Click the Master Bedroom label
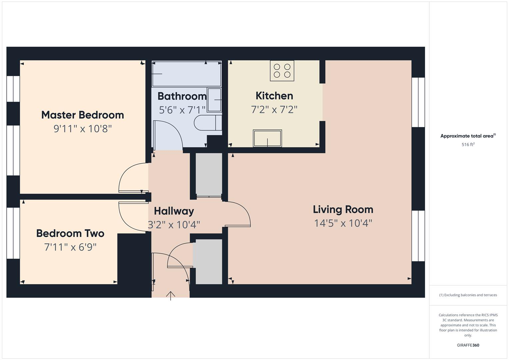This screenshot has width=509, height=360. pyautogui.click(x=82, y=115)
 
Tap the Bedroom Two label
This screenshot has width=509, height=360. pyautogui.click(x=70, y=233)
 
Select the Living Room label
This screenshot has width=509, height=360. pyautogui.click(x=343, y=209)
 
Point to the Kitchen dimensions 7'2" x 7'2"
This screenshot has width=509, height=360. pyautogui.click(x=274, y=109)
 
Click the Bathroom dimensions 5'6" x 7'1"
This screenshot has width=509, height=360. pyautogui.click(x=182, y=110)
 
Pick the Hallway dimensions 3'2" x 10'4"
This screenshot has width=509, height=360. pyautogui.click(x=174, y=225)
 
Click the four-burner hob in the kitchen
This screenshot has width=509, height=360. pyautogui.click(x=282, y=71)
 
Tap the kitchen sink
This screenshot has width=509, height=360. pyautogui.click(x=267, y=138)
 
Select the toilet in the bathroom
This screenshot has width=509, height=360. pyautogui.click(x=207, y=123)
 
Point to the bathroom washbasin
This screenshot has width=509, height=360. pyautogui.click(x=214, y=100)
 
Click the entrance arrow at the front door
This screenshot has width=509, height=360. pyautogui.click(x=171, y=295)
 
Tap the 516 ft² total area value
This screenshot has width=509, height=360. pyautogui.click(x=468, y=145)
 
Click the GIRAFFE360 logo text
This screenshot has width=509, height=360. pyautogui.click(x=468, y=345)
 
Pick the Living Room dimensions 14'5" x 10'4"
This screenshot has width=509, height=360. pyautogui.click(x=343, y=223)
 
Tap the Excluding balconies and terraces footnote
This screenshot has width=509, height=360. pyautogui.click(x=468, y=295)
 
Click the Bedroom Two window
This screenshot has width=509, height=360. pyautogui.click(x=13, y=233)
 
